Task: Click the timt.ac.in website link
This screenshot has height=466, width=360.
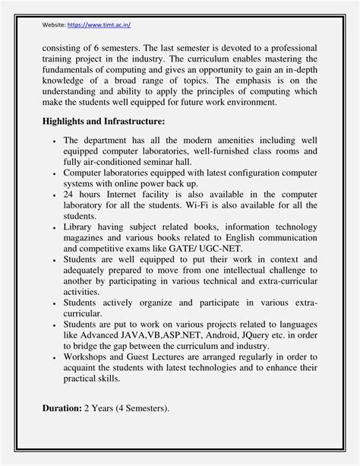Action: pos(99,24)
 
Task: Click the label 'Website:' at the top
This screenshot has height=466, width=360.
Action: pos(53,24)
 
